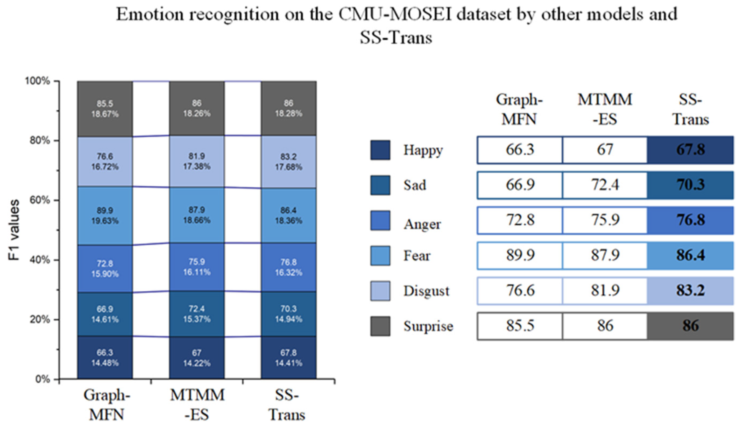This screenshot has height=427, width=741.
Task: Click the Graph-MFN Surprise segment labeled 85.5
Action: click(105, 109)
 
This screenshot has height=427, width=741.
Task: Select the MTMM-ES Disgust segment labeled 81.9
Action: click(197, 161)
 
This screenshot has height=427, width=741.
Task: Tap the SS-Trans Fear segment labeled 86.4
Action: click(288, 215)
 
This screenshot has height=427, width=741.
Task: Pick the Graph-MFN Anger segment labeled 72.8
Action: click(105, 269)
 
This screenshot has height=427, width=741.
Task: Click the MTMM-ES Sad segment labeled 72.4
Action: click(197, 314)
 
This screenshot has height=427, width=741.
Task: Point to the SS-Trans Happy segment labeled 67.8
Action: click(288, 358)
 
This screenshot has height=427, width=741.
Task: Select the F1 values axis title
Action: click(14, 230)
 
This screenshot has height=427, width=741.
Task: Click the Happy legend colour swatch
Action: click(380, 150)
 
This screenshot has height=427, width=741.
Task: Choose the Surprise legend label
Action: click(428, 326)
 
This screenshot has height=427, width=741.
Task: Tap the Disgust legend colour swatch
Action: click(380, 291)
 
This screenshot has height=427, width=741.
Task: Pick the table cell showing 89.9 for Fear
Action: click(520, 255)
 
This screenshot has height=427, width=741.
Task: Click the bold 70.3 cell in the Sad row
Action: click(690, 185)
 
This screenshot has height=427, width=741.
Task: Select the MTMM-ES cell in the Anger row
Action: click(605, 220)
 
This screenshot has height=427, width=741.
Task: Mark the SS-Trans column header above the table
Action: click(690, 109)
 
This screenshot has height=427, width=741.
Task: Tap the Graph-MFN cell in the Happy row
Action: click(520, 150)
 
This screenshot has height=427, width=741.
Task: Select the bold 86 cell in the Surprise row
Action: click(690, 326)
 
